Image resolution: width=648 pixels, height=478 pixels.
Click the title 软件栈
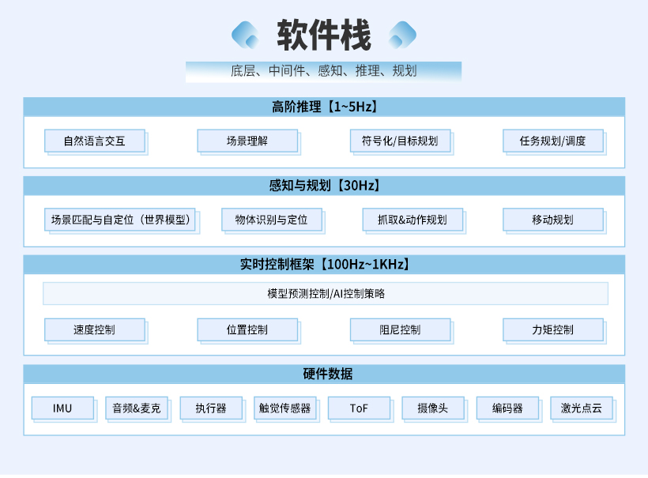(323, 35)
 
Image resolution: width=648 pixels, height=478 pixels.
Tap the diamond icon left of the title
(245, 35)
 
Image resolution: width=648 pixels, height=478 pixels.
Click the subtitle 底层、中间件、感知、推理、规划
(323, 71)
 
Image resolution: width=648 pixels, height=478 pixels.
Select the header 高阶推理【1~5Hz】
(323, 107)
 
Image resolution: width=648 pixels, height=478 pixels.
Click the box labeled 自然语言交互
(95, 141)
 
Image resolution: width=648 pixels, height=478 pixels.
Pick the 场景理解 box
(247, 141)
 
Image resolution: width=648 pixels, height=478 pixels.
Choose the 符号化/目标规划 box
(400, 141)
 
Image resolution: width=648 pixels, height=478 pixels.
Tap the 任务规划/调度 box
(552, 141)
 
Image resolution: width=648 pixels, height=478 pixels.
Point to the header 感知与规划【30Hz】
(323, 186)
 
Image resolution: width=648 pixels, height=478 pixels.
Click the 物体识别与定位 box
(271, 220)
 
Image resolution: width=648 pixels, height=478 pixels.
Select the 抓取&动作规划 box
(412, 220)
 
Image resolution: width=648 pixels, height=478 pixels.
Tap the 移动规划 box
(552, 220)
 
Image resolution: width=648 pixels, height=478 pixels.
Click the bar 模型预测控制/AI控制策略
(326, 294)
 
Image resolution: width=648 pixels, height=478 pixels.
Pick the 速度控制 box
(95, 329)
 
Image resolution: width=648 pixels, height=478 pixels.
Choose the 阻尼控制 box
(400, 329)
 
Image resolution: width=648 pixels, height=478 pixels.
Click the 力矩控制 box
(552, 329)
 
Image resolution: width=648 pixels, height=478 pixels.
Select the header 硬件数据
(323, 374)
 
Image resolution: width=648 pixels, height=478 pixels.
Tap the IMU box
(62, 408)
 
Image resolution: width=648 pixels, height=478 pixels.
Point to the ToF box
(359, 408)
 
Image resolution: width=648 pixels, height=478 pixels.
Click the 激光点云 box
(582, 408)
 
